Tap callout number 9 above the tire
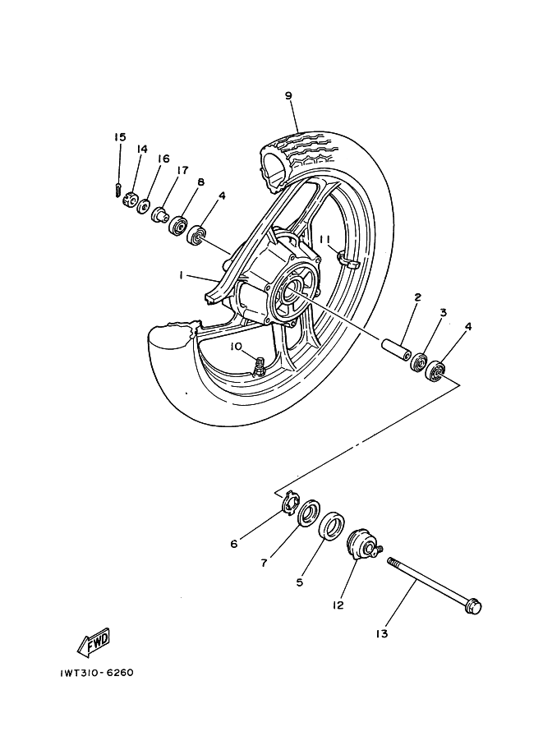[x=288, y=96]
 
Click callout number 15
[x=120, y=137]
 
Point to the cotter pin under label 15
[x=119, y=190]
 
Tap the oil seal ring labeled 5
[x=331, y=525]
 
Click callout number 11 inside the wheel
[x=324, y=239]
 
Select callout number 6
[x=234, y=543]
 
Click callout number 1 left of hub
[x=180, y=277]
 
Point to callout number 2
[x=417, y=297]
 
